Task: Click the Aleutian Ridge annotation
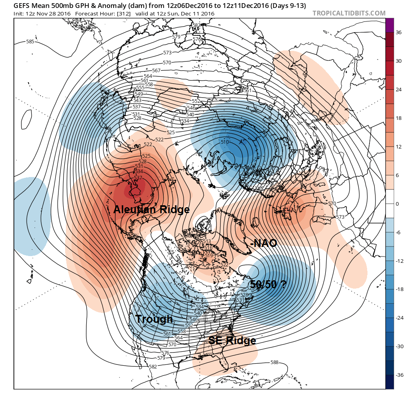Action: pos(151,210)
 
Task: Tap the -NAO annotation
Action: pos(263,243)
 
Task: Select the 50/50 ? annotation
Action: pos(269,284)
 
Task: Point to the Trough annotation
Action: pos(154,319)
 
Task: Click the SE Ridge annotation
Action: pos(232,340)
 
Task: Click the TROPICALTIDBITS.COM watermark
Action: pos(349,13)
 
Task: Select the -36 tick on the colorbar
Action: pos(399,375)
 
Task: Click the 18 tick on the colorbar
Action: pos(399,118)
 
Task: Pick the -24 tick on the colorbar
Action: pos(399,318)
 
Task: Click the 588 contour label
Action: pos(274,362)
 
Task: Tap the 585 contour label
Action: pos(30,42)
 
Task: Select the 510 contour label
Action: pos(224,142)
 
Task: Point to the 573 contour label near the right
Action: pos(340,217)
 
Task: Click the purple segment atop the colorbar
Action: pos(390,25)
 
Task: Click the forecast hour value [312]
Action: pos(118,14)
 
